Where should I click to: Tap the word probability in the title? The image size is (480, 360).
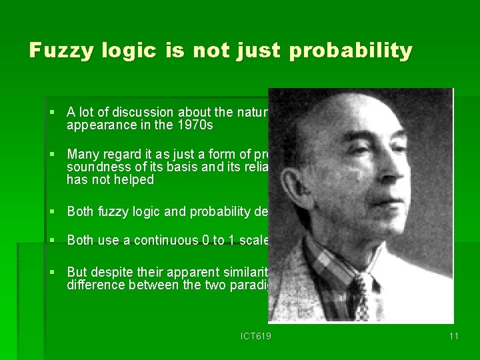click(351, 51)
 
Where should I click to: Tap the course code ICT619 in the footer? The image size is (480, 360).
click(255, 336)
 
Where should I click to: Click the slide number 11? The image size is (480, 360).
click(453, 336)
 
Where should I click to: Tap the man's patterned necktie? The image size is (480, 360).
click(361, 293)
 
